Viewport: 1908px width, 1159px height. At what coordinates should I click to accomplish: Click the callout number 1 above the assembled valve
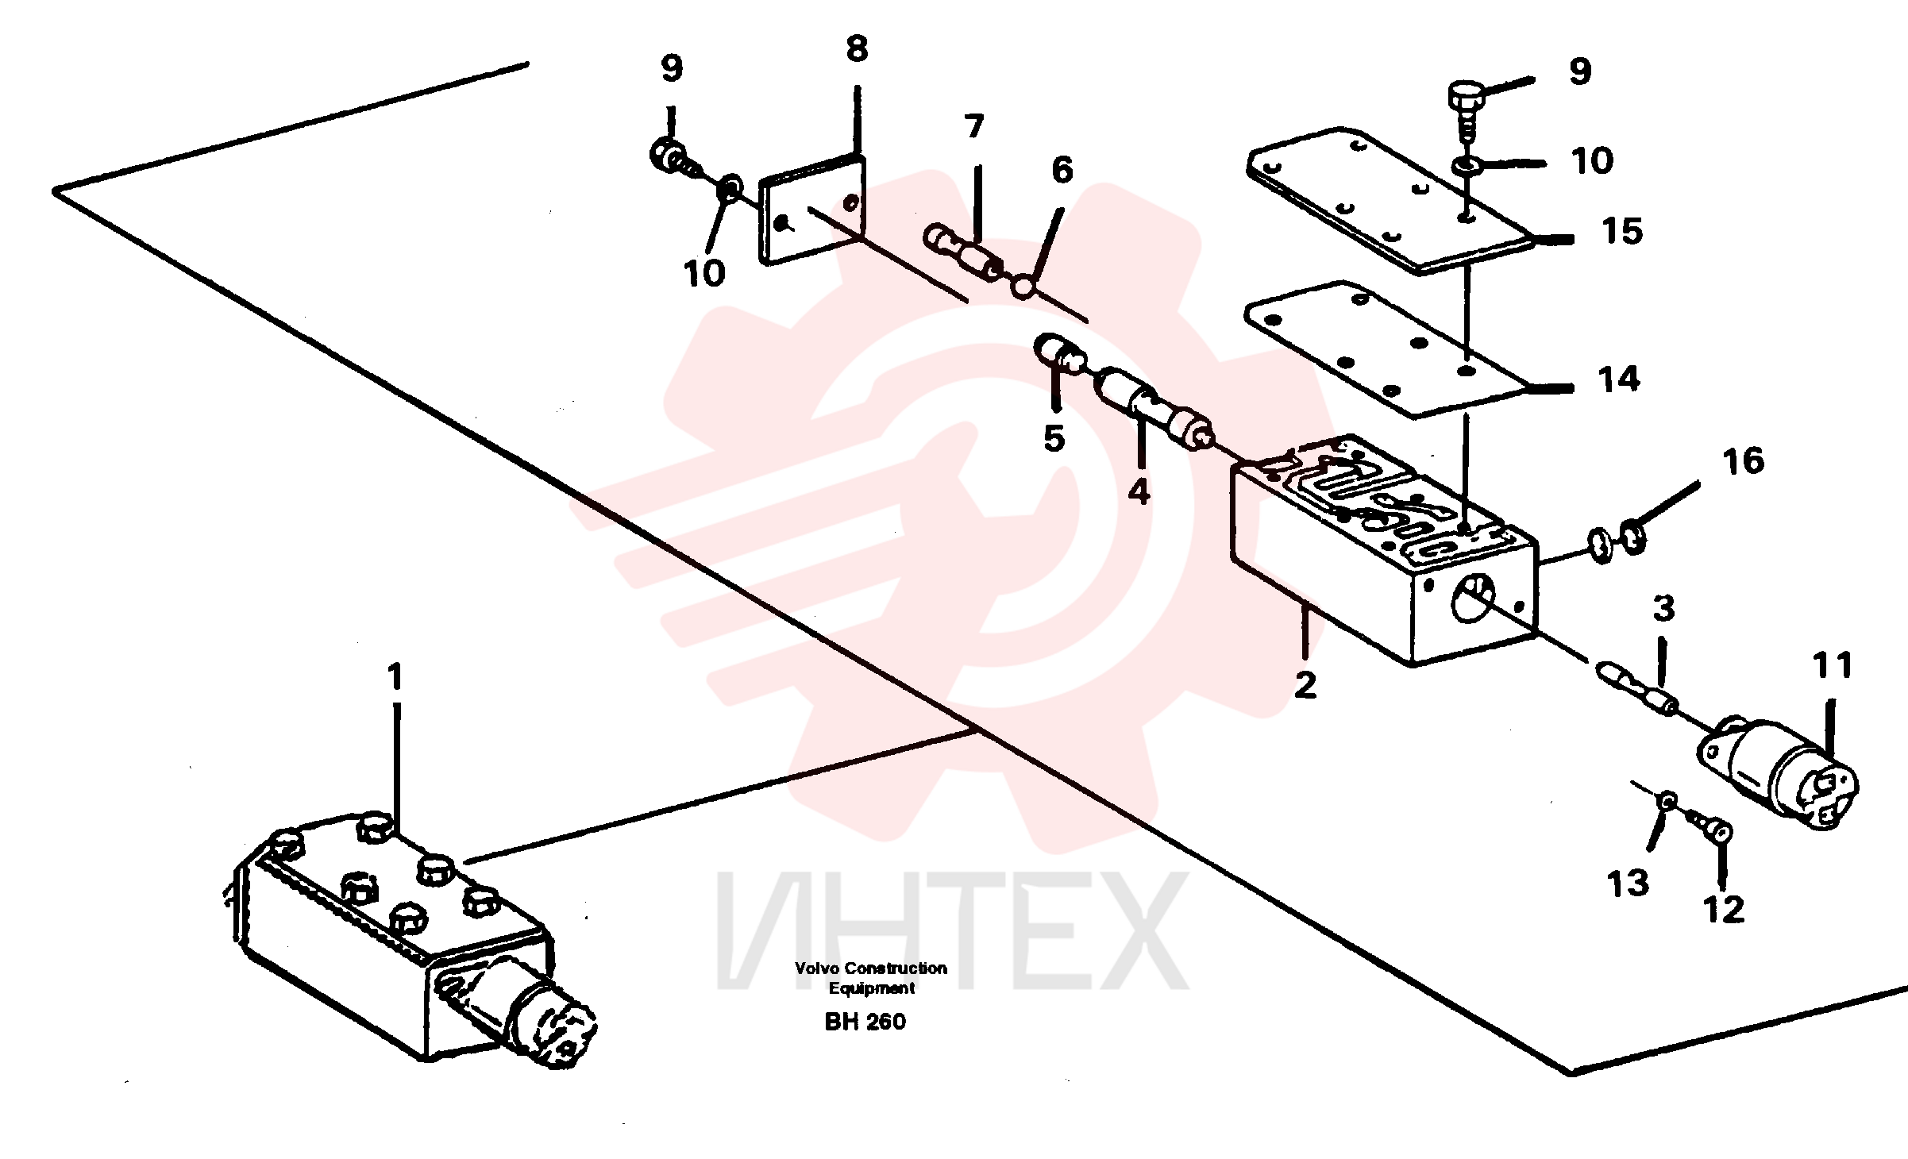(x=395, y=678)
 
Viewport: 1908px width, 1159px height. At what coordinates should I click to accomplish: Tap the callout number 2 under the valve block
(x=1305, y=685)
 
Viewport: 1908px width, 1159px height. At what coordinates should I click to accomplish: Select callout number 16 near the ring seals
(x=1743, y=461)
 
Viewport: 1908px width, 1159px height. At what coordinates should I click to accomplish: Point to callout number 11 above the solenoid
(x=1833, y=665)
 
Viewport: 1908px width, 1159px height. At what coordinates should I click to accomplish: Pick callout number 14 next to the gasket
(x=1619, y=379)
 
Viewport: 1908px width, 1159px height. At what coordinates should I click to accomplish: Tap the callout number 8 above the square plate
(x=857, y=49)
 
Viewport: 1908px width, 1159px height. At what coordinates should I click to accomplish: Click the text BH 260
(x=865, y=1021)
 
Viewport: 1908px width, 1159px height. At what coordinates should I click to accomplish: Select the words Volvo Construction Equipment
(x=871, y=978)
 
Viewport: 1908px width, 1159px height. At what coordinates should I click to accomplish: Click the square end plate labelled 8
(x=812, y=210)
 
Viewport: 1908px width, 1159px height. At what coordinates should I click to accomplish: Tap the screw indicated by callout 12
(x=1707, y=827)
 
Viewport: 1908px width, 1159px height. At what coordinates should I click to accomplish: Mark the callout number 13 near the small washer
(x=1629, y=884)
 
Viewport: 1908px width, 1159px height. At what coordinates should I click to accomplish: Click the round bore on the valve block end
(x=1472, y=599)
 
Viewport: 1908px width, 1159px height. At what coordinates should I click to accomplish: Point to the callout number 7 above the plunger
(x=974, y=127)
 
